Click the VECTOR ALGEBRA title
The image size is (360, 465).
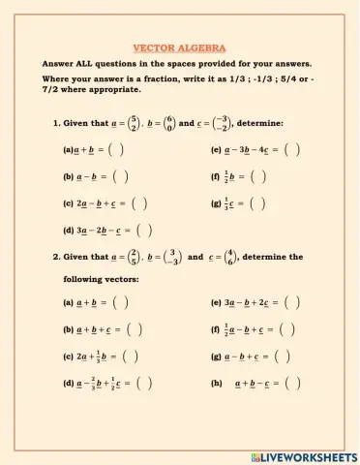179,46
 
